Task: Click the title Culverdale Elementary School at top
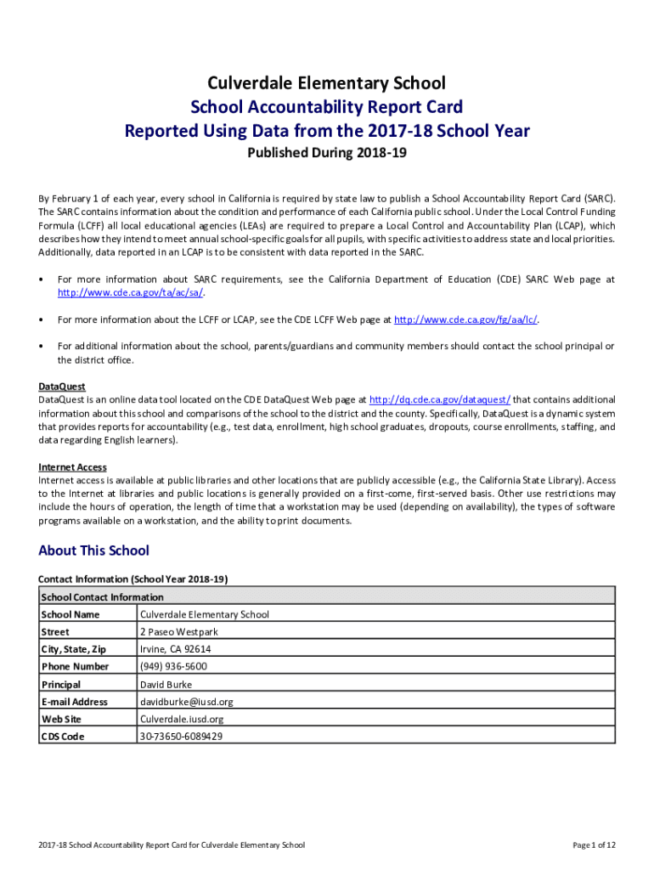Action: [327, 83]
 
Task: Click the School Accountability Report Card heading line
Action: [327, 107]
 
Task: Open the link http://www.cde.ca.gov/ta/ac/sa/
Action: [131, 292]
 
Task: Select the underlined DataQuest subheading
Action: [62, 386]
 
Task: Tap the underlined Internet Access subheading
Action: [72, 466]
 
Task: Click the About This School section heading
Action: [93, 551]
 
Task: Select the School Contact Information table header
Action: [102, 596]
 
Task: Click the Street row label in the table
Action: [55, 632]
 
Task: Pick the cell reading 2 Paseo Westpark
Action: [178, 632]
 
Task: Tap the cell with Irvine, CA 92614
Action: [175, 649]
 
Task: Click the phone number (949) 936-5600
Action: [173, 667]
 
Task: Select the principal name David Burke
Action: [166, 684]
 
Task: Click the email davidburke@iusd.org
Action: [186, 702]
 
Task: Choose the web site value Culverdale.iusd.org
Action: [182, 719]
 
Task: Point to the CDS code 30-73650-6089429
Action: [181, 737]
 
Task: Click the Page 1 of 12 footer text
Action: [594, 845]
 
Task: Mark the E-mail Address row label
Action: [74, 702]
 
